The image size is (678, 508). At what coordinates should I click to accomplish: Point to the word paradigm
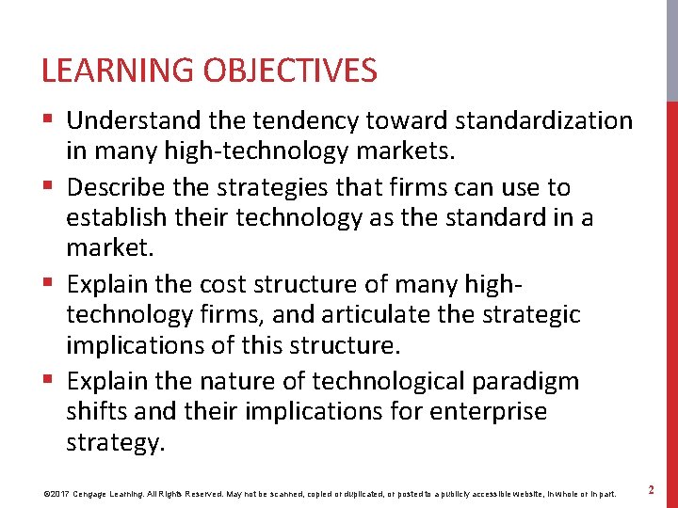[525, 381]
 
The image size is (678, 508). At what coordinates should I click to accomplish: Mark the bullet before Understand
[49, 120]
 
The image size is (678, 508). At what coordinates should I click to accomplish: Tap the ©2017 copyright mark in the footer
[56, 492]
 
